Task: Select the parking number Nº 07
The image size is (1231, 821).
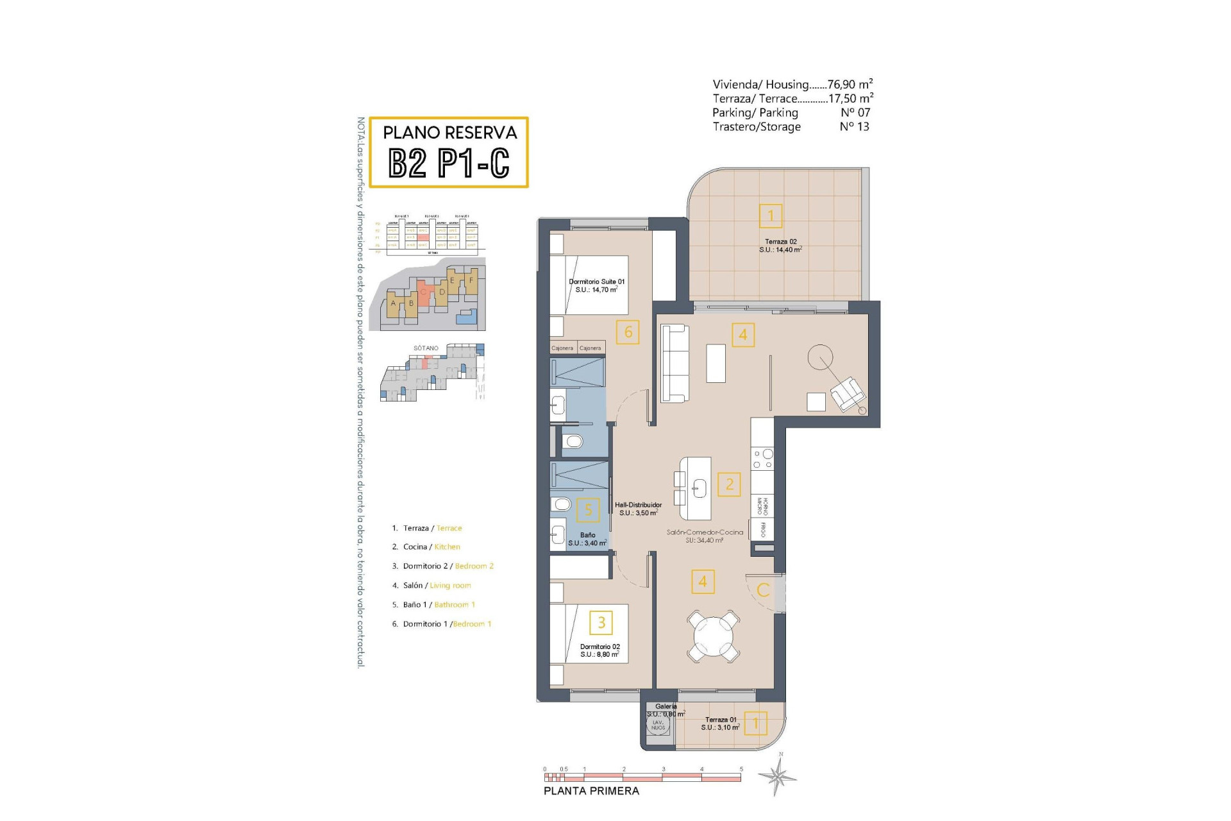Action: tap(855, 112)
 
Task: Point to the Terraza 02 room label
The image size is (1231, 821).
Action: tap(780, 246)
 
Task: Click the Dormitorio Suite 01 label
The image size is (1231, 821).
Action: tap(596, 285)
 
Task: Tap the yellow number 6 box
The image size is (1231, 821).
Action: tap(628, 332)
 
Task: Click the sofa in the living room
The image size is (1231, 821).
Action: tap(674, 363)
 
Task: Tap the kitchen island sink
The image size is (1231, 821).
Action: tap(698, 488)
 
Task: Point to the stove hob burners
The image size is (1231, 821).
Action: tap(763, 459)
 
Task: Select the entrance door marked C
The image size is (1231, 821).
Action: tap(763, 590)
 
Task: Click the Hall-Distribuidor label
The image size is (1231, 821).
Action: tap(638, 509)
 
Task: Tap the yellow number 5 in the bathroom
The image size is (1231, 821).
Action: tap(588, 510)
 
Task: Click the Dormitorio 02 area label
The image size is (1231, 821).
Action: tap(599, 650)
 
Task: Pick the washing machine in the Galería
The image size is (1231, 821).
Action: tap(658, 725)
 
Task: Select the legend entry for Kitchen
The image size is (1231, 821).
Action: tap(426, 547)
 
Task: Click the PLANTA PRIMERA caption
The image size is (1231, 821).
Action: tap(591, 791)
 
